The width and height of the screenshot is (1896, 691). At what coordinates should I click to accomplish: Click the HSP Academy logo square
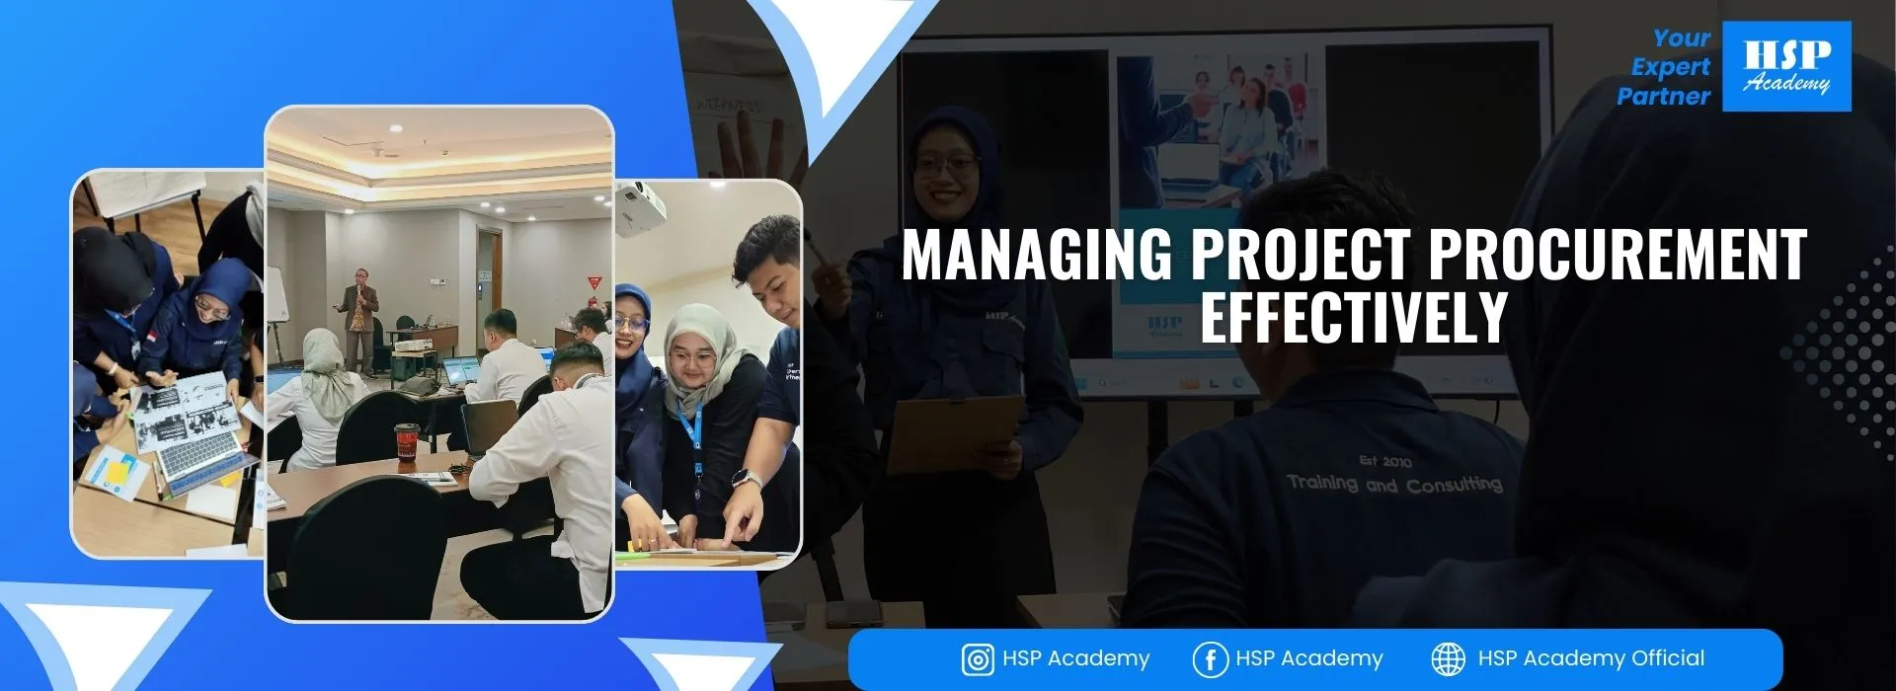[x=1786, y=66]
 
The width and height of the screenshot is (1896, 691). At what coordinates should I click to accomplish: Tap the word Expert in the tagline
[x=1671, y=67]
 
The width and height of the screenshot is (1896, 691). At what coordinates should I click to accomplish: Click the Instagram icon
[x=977, y=659]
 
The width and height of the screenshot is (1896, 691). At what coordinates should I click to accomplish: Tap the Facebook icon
[x=1210, y=659]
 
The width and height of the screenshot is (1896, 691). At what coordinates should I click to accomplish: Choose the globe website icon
[x=1448, y=658]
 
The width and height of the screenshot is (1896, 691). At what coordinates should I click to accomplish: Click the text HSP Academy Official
[x=1591, y=658]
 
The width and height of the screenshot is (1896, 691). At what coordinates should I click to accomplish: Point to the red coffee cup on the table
[x=405, y=442]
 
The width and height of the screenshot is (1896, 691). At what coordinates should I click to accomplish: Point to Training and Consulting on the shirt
[x=1394, y=484]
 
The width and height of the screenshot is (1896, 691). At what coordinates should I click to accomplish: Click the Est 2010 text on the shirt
[x=1384, y=461]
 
